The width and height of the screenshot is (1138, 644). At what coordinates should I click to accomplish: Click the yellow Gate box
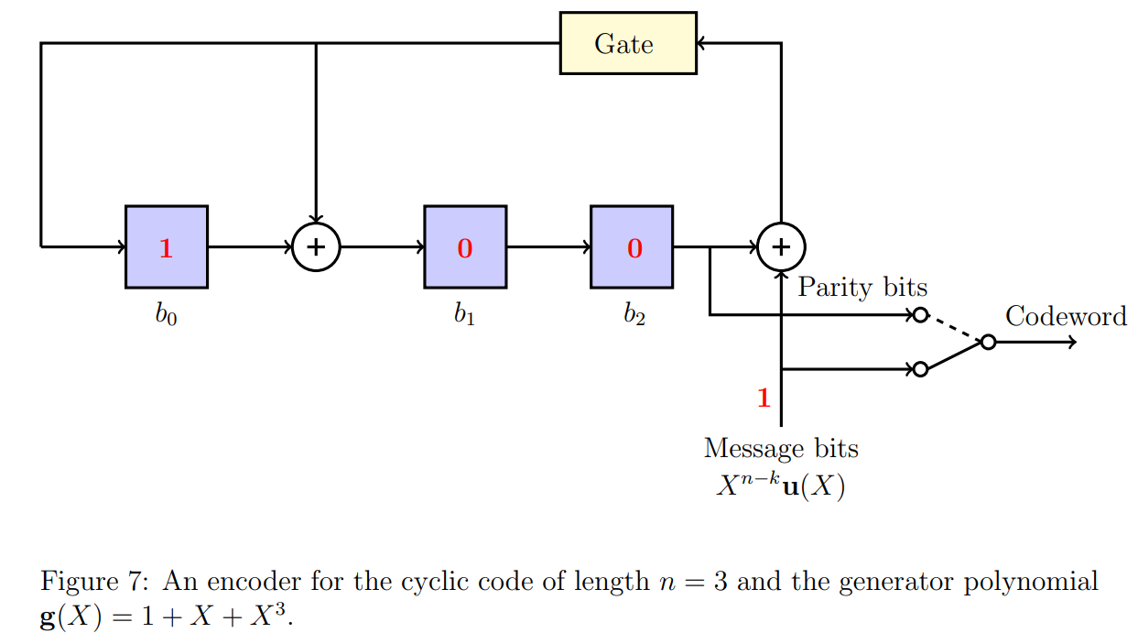tap(627, 43)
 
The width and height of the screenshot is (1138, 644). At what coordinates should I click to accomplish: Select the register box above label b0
tap(166, 247)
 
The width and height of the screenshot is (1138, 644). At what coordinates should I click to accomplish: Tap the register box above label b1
tap(464, 247)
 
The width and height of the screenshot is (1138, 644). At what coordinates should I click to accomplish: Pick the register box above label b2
tap(631, 247)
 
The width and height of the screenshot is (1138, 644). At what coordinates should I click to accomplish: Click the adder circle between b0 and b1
tap(316, 247)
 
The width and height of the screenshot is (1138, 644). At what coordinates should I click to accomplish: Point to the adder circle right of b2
tap(781, 247)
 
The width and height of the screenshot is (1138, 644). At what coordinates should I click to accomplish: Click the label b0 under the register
tap(166, 315)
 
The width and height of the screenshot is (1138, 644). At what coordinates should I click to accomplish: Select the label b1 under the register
tap(464, 315)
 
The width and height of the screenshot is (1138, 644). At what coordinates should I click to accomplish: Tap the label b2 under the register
tap(633, 315)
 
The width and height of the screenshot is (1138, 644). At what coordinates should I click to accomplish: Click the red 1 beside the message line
tap(764, 398)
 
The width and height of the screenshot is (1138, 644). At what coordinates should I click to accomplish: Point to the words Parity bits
tap(862, 288)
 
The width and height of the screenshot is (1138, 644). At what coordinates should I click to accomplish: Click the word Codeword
tap(1066, 316)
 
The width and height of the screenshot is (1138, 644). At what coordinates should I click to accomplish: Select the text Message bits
tap(781, 449)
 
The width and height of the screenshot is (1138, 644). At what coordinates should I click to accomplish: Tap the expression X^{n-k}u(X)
tap(781, 485)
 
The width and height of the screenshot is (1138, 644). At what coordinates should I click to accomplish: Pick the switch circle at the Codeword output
tap(988, 342)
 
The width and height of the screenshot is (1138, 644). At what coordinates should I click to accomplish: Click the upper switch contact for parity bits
tap(921, 315)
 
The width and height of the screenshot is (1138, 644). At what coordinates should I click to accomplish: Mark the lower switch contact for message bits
tap(921, 369)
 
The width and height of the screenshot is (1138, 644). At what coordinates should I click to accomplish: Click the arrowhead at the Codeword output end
tap(1073, 342)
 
